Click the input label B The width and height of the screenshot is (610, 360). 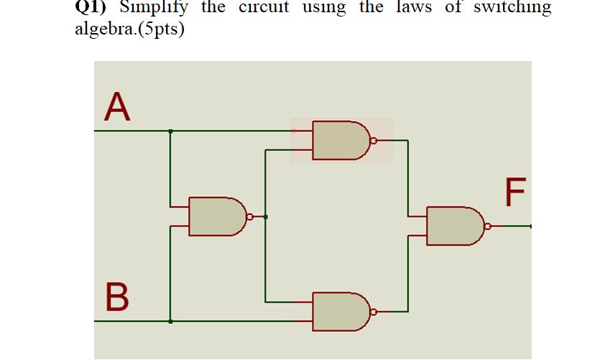(119, 297)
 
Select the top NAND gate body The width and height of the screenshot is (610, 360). (340, 140)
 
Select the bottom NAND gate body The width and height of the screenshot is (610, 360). (340, 311)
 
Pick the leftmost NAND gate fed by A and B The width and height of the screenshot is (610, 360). (216, 216)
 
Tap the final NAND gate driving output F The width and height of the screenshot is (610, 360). (454, 226)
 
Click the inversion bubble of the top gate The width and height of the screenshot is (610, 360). (373, 140)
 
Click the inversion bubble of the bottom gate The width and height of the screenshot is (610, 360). (373, 312)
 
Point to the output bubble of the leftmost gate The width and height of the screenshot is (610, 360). (249, 216)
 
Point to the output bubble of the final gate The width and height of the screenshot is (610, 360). (488, 226)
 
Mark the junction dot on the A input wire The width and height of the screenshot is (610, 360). (170, 131)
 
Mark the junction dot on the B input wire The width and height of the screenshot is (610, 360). (170, 321)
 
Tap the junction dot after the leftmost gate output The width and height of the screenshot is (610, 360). (266, 216)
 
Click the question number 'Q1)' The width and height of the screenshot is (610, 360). (92, 9)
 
